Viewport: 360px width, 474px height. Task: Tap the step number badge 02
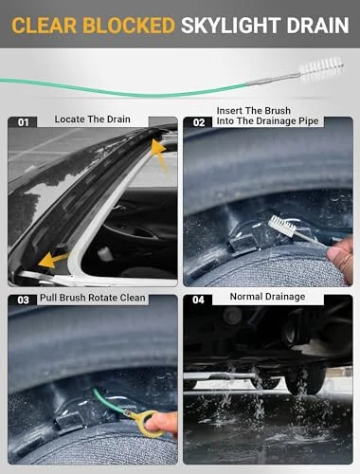[199, 122]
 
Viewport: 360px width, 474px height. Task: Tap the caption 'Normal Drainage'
[268, 297]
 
